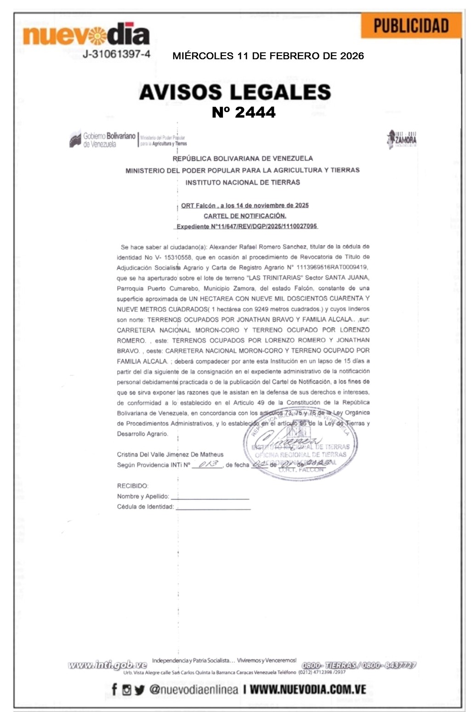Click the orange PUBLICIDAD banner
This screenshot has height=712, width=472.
pyautogui.click(x=411, y=26)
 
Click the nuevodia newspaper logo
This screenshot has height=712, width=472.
pyautogui.click(x=86, y=35)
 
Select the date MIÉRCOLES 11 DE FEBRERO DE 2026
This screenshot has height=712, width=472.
pyautogui.click(x=268, y=56)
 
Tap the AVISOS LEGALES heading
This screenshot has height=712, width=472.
pyautogui.click(x=235, y=92)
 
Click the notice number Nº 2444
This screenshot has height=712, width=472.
pyautogui.click(x=244, y=112)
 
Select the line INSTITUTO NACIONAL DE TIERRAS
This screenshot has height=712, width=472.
pyautogui.click(x=243, y=182)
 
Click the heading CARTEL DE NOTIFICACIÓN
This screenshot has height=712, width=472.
pyautogui.click(x=245, y=216)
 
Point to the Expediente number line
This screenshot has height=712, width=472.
pyautogui.click(x=247, y=226)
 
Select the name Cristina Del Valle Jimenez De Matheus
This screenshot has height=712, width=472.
pyautogui.click(x=170, y=454)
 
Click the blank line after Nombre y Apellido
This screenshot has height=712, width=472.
pyautogui.click(x=210, y=496)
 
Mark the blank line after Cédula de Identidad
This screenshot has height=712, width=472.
pyautogui.click(x=213, y=507)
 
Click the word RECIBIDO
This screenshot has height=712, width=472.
pyautogui.click(x=133, y=486)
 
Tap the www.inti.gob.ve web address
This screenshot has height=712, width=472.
pyautogui.click(x=108, y=665)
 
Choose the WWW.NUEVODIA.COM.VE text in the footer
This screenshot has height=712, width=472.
pyautogui.click(x=308, y=689)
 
